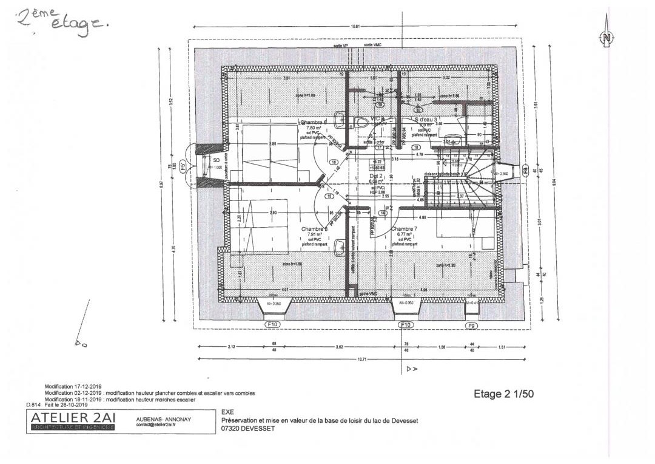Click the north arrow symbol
pos(606,36)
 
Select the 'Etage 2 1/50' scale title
pos(503,394)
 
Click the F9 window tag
pos(472,326)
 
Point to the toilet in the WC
pos(362,123)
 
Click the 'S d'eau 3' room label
pos(426,120)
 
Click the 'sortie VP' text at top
pos(341,46)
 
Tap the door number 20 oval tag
pos(418,110)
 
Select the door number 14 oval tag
pos(383,213)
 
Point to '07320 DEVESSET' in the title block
pos(249,428)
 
